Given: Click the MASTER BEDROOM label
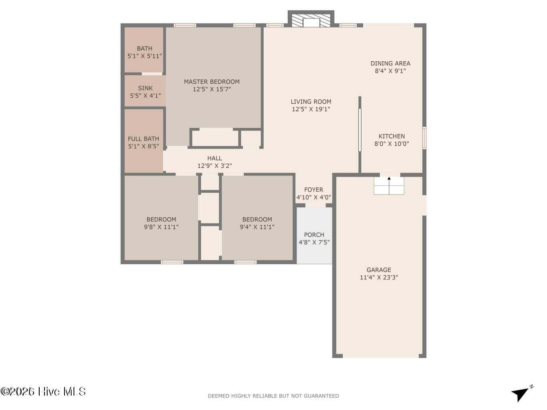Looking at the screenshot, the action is pyautogui.click(x=212, y=82).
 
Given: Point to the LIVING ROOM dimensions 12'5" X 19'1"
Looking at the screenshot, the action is pyautogui.click(x=311, y=109).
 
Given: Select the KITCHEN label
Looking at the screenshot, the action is pyautogui.click(x=392, y=136).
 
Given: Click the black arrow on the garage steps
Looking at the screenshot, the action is pyautogui.click(x=389, y=178).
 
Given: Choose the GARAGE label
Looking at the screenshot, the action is pyautogui.click(x=379, y=269).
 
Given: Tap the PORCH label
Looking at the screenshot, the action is pyautogui.click(x=314, y=235).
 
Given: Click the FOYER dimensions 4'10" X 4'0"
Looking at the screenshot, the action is pyautogui.click(x=313, y=197).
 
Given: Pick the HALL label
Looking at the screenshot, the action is pyautogui.click(x=214, y=158).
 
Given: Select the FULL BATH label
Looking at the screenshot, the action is pyautogui.click(x=143, y=139).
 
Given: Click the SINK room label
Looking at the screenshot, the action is pyautogui.click(x=145, y=88).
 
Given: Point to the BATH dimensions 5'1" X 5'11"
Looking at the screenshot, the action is pyautogui.click(x=145, y=56).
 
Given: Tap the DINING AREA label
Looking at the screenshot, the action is pyautogui.click(x=390, y=64).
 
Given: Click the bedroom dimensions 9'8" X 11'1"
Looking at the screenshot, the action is pyautogui.click(x=161, y=227).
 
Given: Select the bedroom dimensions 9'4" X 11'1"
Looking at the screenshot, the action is pyautogui.click(x=257, y=227).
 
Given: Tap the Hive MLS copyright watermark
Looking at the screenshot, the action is pyautogui.click(x=43, y=392).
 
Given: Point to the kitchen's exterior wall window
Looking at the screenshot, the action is pyautogui.click(x=424, y=138).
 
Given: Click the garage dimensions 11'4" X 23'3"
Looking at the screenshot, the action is pyautogui.click(x=379, y=277).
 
